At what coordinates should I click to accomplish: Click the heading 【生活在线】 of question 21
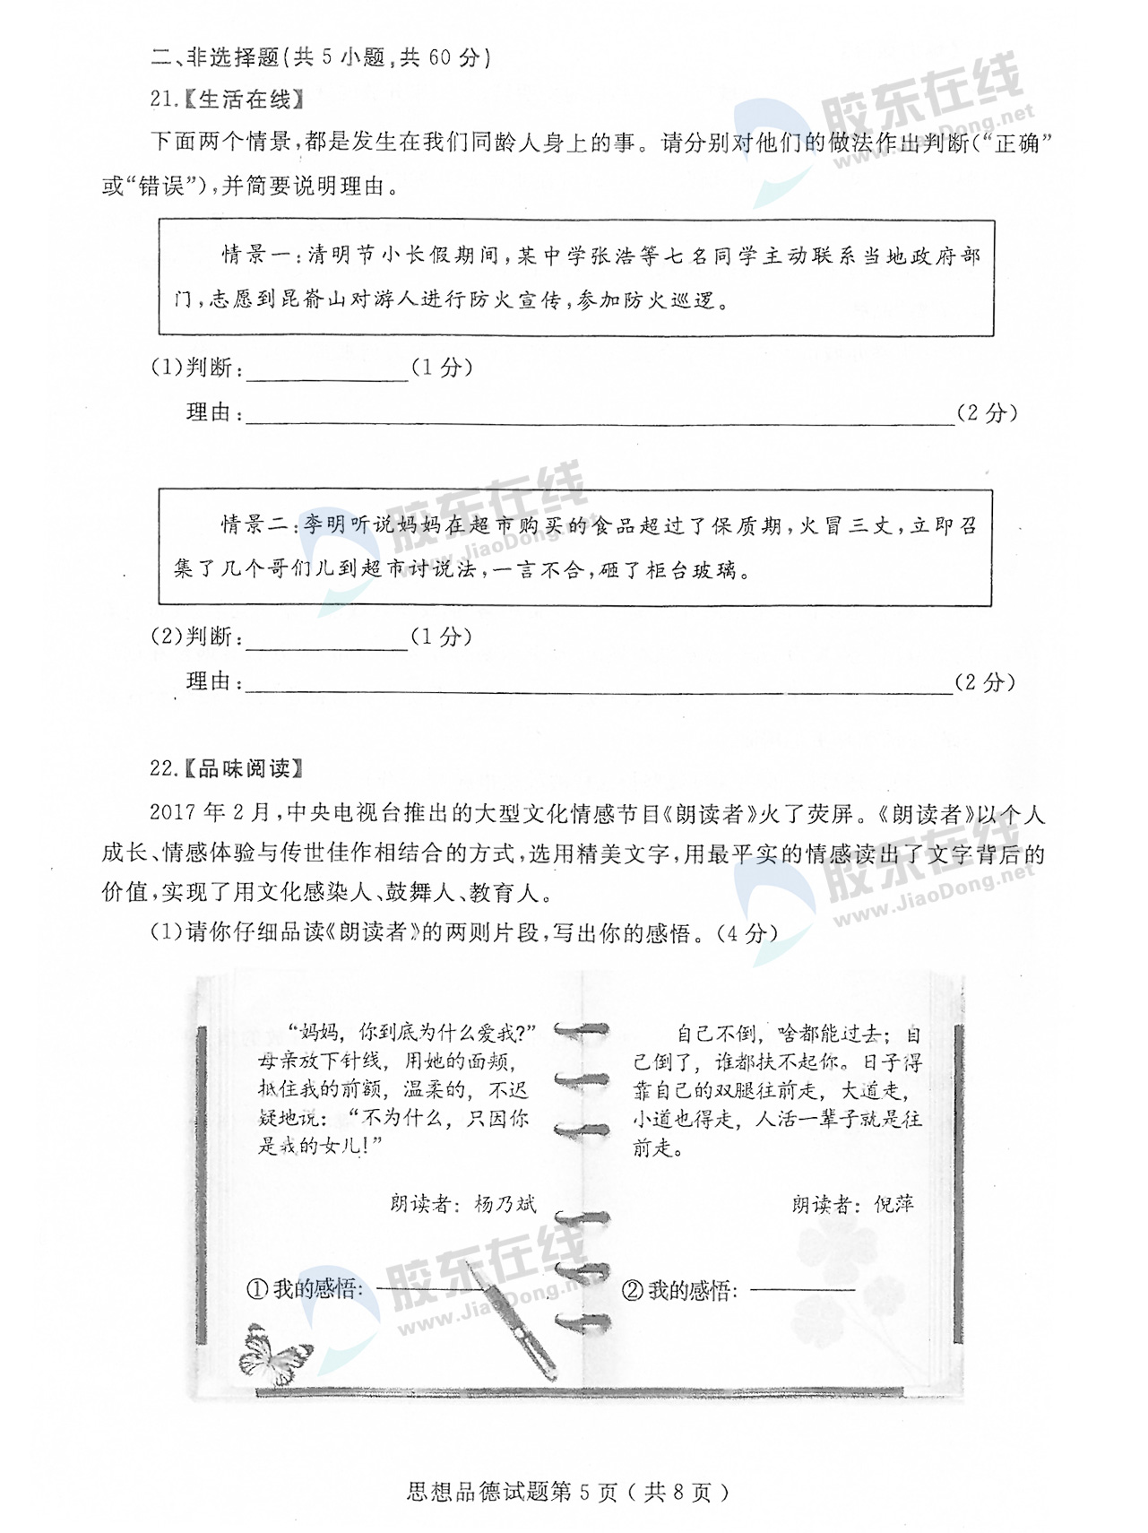pyautogui.click(x=244, y=100)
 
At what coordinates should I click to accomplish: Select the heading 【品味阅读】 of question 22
pyautogui.click(x=244, y=768)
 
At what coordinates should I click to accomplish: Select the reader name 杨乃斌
pyautogui.click(x=505, y=1204)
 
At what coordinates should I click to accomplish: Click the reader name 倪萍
pyautogui.click(x=893, y=1204)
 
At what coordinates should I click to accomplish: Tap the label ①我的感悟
pyautogui.click(x=305, y=1289)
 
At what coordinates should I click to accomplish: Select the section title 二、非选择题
pyautogui.click(x=215, y=57)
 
